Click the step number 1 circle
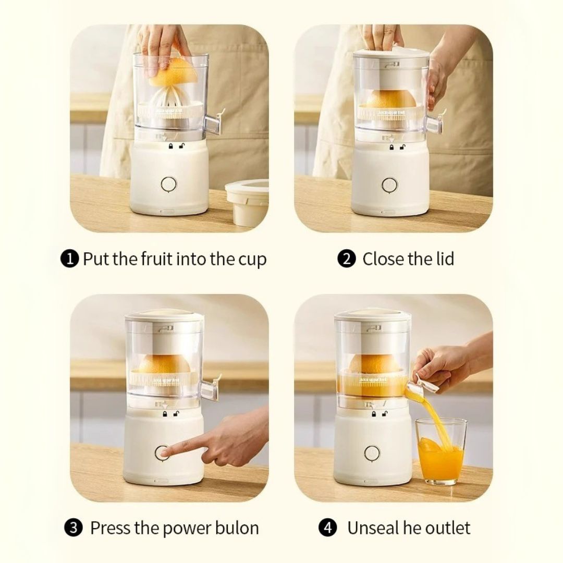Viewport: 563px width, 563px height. [x=70, y=259]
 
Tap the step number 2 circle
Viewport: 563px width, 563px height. [x=347, y=259]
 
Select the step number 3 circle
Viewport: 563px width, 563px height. [x=76, y=528]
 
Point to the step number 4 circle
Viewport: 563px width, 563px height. [x=327, y=528]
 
